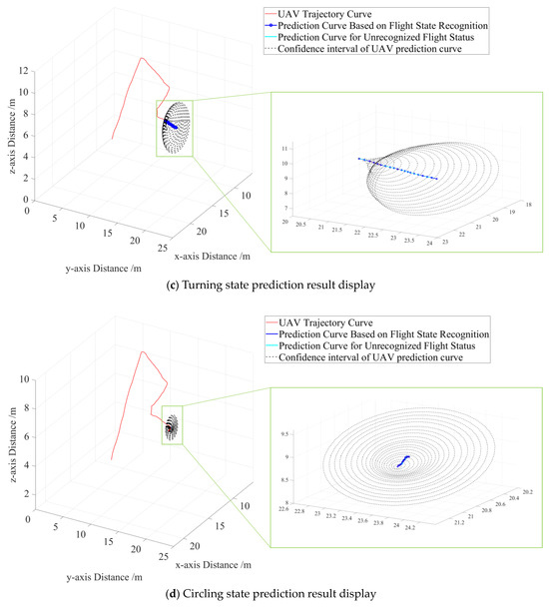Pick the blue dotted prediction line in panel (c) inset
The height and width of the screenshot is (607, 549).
(399, 168)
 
